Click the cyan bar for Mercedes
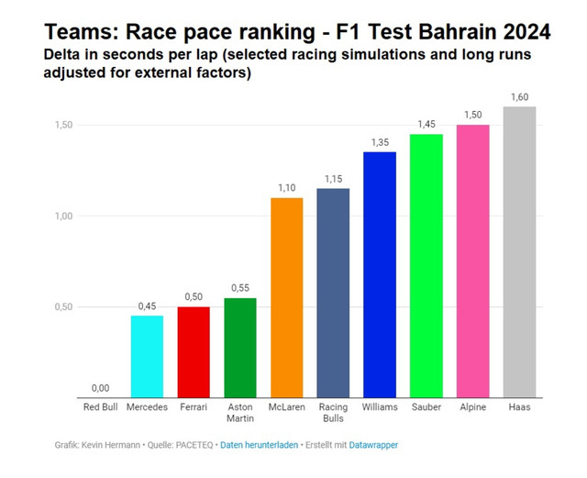click(147, 356)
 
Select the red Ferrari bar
click(194, 352)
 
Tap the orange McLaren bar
click(287, 297)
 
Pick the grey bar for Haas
click(519, 252)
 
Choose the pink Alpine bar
click(473, 261)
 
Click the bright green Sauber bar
click(426, 265)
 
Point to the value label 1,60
click(520, 97)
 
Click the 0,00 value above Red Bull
click(100, 388)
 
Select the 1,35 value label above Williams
click(380, 142)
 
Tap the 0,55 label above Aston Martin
click(240, 288)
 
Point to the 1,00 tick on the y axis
click(63, 217)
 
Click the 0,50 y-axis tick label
click(63, 307)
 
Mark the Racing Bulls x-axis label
click(333, 413)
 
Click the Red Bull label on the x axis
click(100, 407)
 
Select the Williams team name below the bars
click(380, 407)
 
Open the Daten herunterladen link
click(259, 445)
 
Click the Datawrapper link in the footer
click(373, 445)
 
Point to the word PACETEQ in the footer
click(194, 445)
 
